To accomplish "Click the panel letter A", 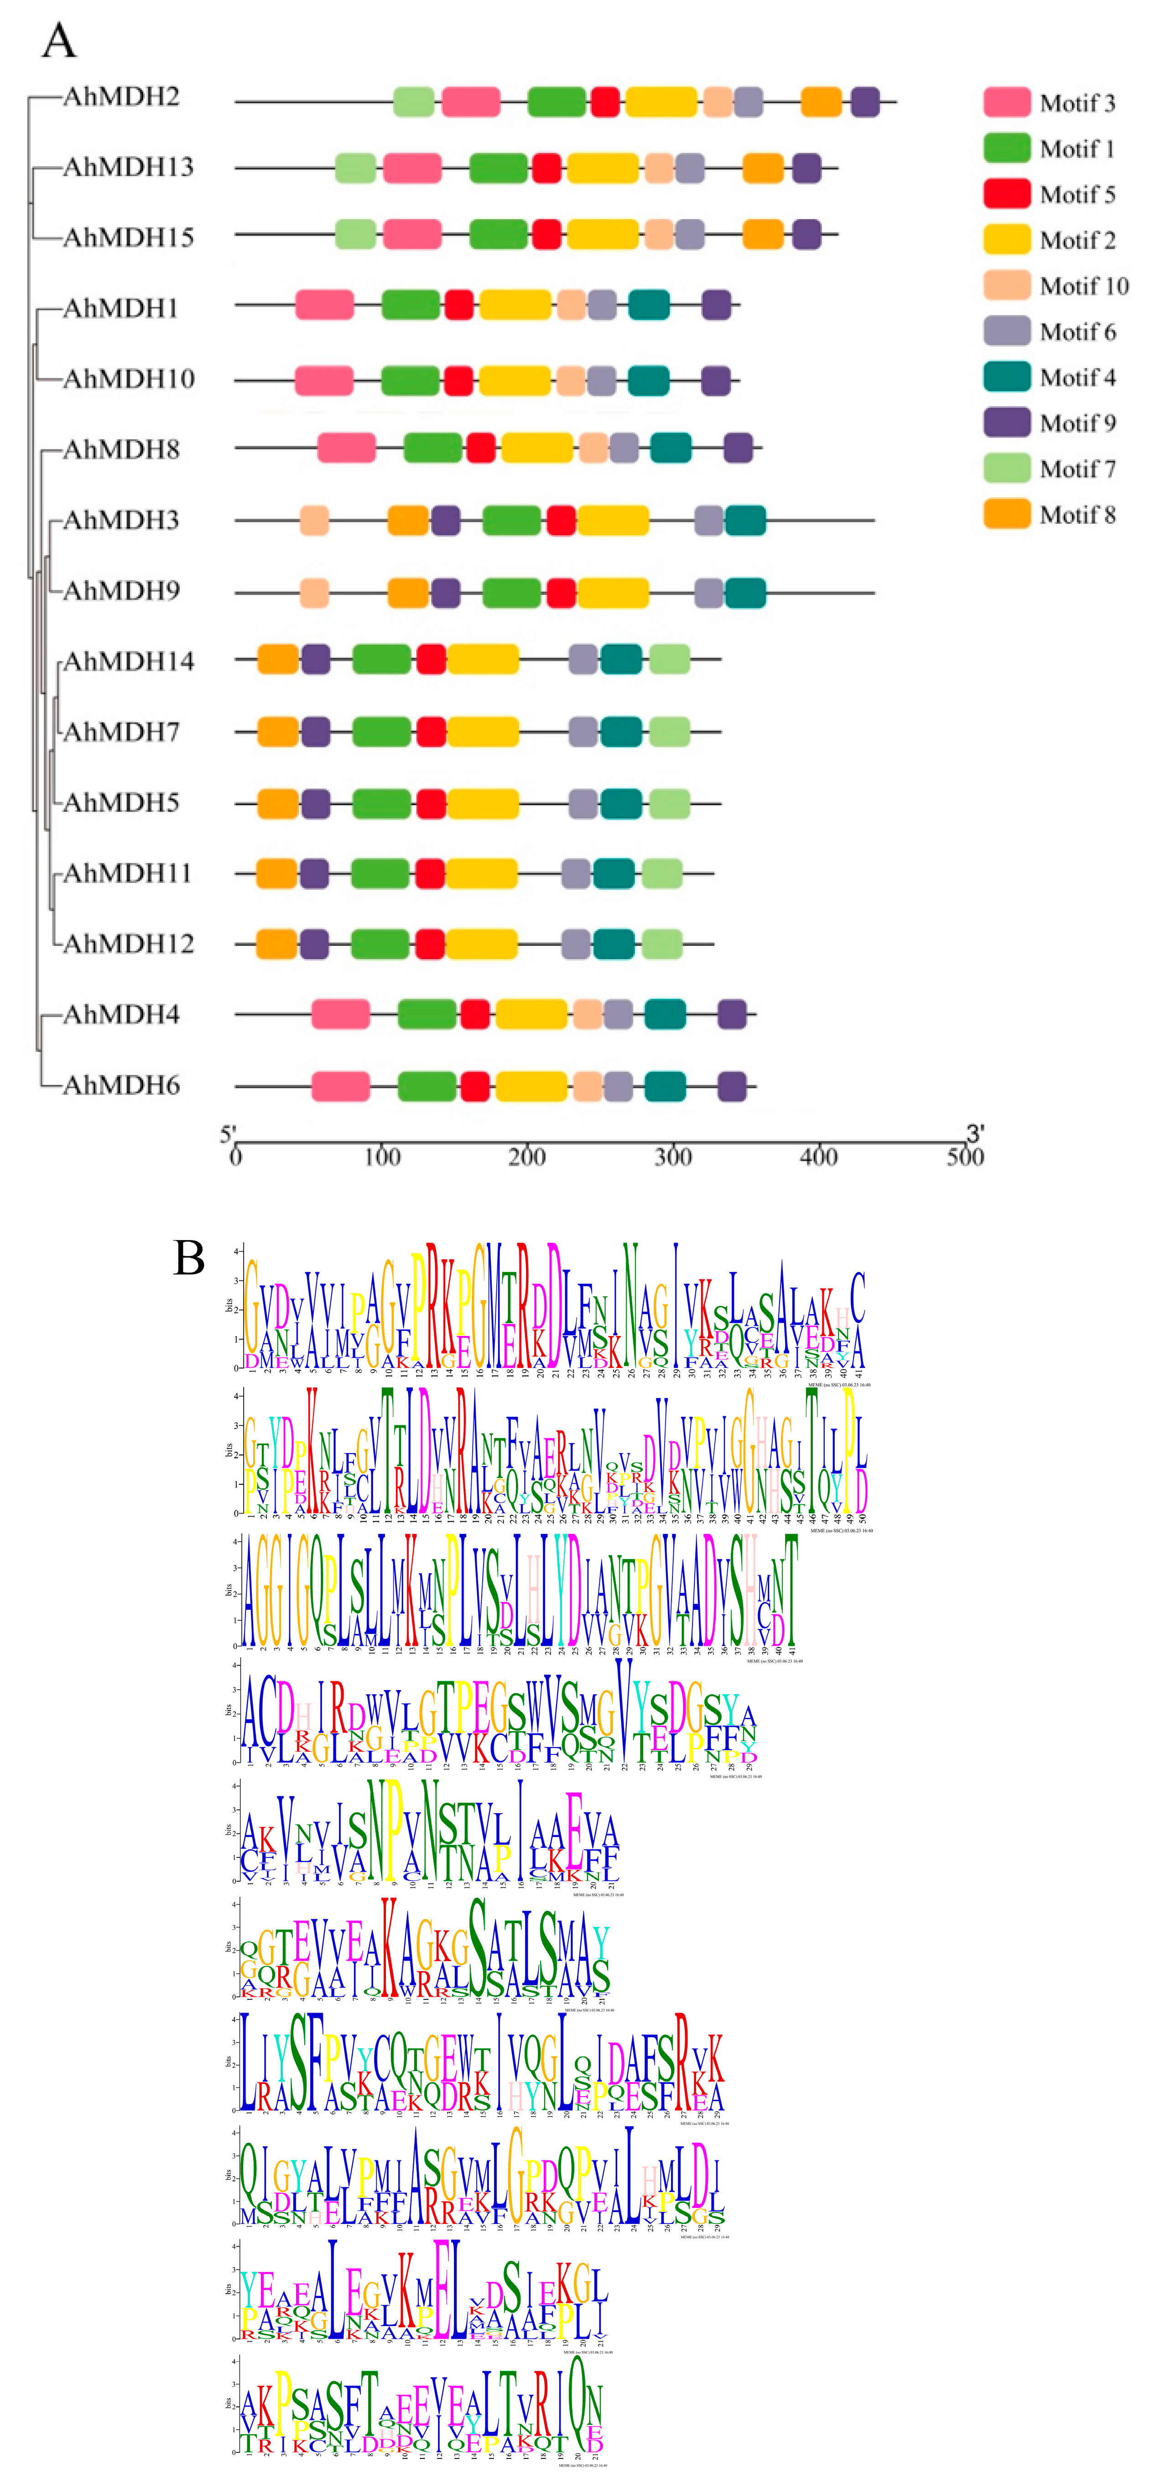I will (59, 42).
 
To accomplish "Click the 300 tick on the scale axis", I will (672, 1157).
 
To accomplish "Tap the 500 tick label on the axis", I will (964, 1157).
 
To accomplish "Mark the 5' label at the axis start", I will (228, 1133).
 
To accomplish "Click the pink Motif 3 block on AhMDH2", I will (471, 101).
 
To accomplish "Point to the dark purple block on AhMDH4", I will (732, 1015).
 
